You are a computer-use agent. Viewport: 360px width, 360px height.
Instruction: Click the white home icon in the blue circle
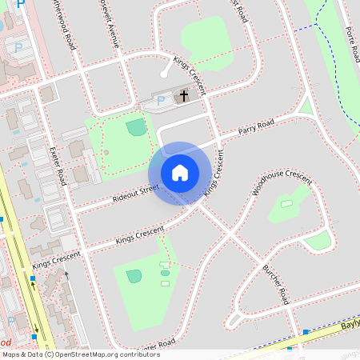pos(180,173)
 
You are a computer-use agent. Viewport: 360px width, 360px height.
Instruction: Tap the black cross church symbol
pos(184,96)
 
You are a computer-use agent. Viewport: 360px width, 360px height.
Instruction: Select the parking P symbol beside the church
pos(160,100)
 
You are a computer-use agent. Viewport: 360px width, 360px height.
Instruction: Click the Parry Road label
pos(256,126)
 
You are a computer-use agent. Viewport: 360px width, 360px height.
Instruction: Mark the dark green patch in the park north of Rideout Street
pos(137,126)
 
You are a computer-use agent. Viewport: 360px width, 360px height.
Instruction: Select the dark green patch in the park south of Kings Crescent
pos(134,276)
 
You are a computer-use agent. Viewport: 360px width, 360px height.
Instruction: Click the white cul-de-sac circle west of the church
pos(163,74)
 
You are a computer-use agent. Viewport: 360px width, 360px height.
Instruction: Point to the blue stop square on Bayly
pos(306,331)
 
